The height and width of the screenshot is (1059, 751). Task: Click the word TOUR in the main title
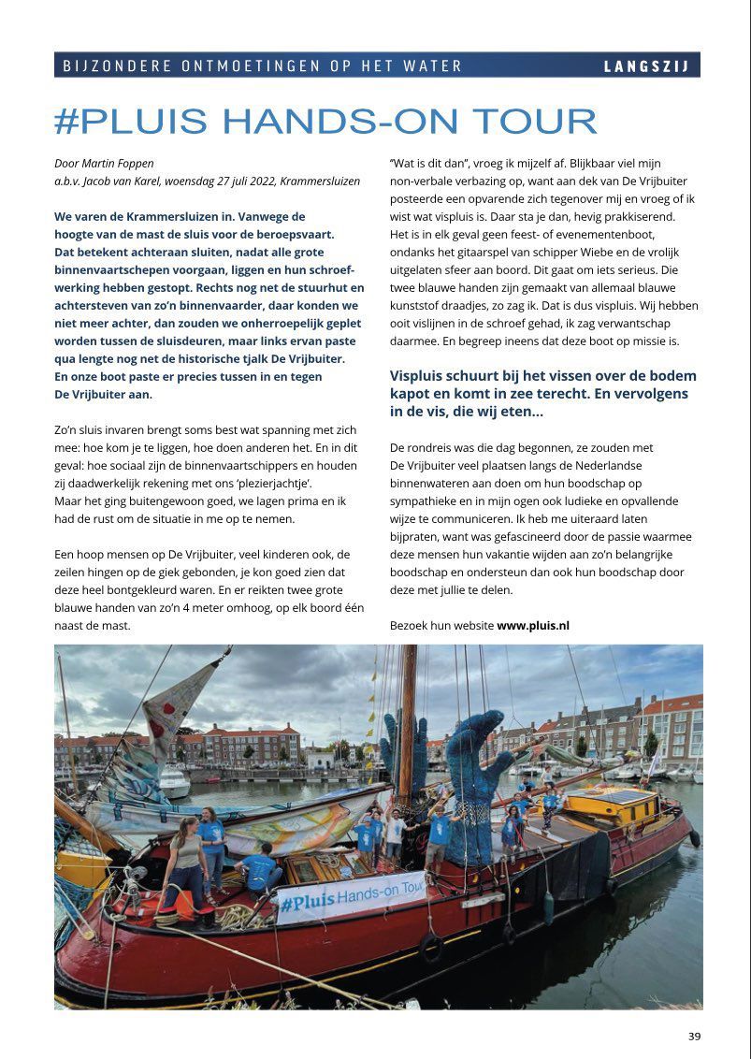click(x=534, y=121)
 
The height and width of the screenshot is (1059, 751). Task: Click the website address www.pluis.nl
click(x=533, y=625)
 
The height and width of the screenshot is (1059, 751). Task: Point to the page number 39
click(x=694, y=1036)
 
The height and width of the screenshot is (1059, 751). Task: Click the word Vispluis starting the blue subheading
click(x=420, y=375)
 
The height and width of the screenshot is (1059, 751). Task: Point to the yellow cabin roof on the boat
click(x=614, y=801)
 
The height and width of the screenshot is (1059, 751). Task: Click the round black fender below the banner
click(x=430, y=946)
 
